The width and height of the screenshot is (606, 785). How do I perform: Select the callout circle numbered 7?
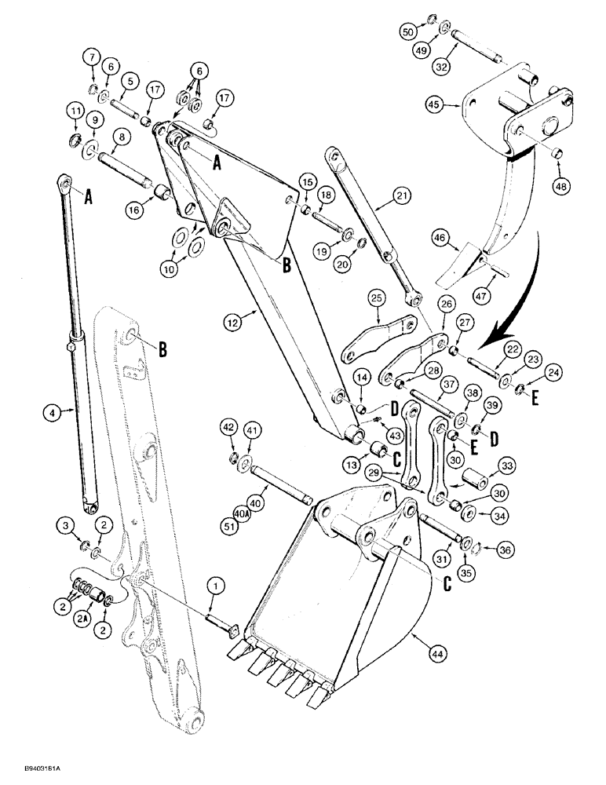point(92,57)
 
